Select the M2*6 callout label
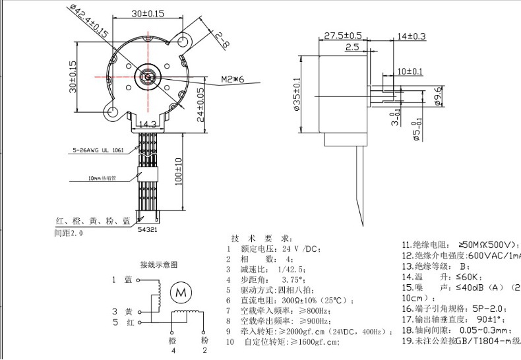233,79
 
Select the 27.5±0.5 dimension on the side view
343,35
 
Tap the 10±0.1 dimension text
410,71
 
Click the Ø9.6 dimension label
437,96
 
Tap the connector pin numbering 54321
148,230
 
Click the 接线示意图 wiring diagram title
158,265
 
